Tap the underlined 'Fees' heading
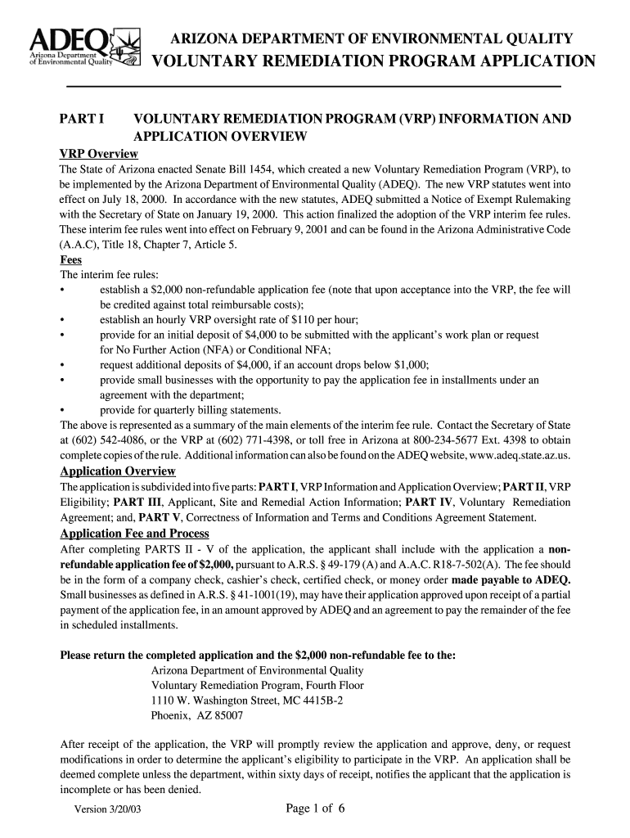(x=71, y=260)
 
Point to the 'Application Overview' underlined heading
(x=119, y=471)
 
